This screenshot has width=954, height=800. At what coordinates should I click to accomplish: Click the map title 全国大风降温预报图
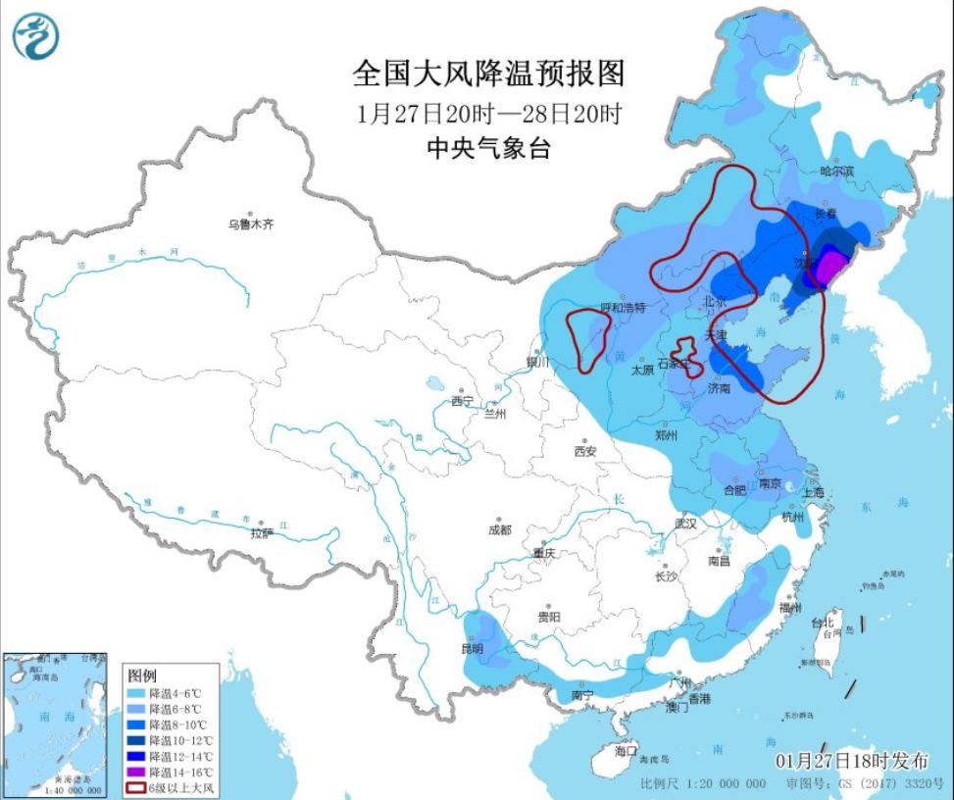(487, 75)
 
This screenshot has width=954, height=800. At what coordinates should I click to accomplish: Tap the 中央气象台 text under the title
(487, 148)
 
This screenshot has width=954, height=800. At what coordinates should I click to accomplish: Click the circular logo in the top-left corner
(36, 36)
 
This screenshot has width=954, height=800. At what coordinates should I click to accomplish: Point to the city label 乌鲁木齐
(251, 225)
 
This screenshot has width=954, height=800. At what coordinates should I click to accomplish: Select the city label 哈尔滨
(837, 172)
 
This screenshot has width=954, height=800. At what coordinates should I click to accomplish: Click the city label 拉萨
(261, 533)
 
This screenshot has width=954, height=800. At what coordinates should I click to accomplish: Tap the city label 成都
(498, 529)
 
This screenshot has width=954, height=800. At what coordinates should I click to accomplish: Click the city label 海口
(626, 750)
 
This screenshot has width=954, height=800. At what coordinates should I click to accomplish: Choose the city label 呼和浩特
(624, 308)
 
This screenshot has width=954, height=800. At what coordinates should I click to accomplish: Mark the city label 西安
(585, 451)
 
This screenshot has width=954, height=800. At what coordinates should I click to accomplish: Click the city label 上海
(810, 494)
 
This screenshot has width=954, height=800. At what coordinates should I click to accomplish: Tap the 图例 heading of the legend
(142, 676)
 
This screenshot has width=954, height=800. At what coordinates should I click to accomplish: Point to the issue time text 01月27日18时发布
(851, 761)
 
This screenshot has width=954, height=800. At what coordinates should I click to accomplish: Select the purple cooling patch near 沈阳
(830, 267)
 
